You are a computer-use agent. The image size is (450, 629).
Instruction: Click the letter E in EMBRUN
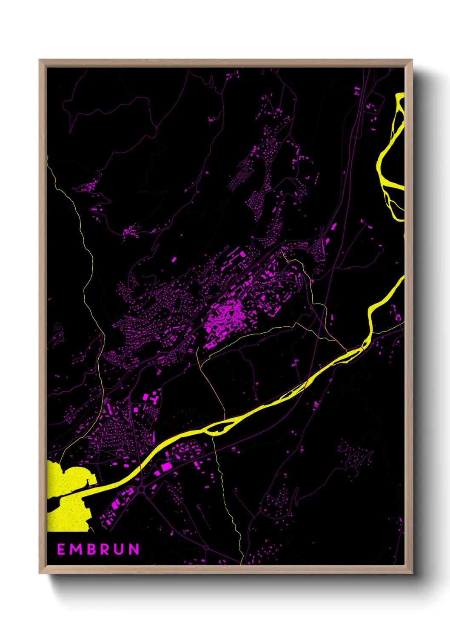(61, 549)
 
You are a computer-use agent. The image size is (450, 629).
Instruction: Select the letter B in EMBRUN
(93, 549)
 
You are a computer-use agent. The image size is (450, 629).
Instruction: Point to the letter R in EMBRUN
(106, 549)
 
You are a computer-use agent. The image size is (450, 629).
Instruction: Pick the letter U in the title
(120, 549)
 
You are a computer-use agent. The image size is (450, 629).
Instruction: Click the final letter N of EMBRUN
(134, 549)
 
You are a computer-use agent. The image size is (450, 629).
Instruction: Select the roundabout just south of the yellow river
(141, 490)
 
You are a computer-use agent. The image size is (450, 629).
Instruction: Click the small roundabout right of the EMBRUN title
(206, 548)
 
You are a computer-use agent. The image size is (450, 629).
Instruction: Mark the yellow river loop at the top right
(389, 161)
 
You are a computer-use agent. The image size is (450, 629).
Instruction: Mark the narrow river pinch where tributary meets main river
(363, 346)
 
